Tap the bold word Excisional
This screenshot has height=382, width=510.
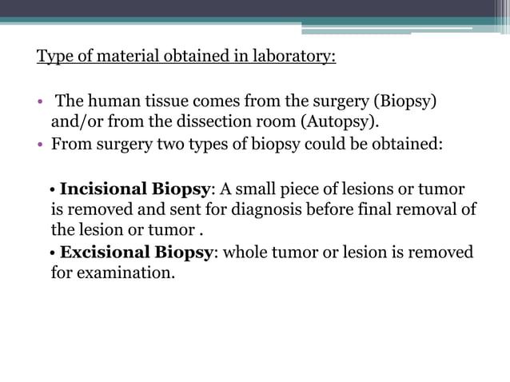110,253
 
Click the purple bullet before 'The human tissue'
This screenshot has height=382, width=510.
40,104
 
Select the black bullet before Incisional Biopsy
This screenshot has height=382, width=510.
52,190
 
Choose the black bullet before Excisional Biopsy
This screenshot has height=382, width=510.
52,253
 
